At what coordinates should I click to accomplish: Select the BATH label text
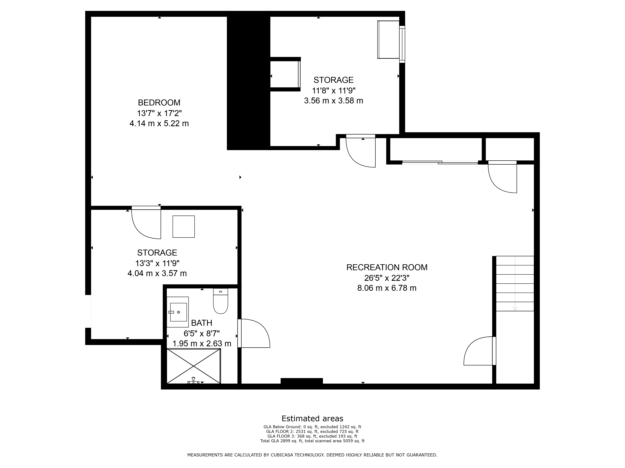201,323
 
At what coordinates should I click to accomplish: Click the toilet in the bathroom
220,301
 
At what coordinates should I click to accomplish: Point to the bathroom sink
178,312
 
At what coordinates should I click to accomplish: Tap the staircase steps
515,283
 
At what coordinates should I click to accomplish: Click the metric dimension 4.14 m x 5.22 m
159,124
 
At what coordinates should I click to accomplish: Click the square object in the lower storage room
184,227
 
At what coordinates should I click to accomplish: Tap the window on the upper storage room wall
402,44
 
